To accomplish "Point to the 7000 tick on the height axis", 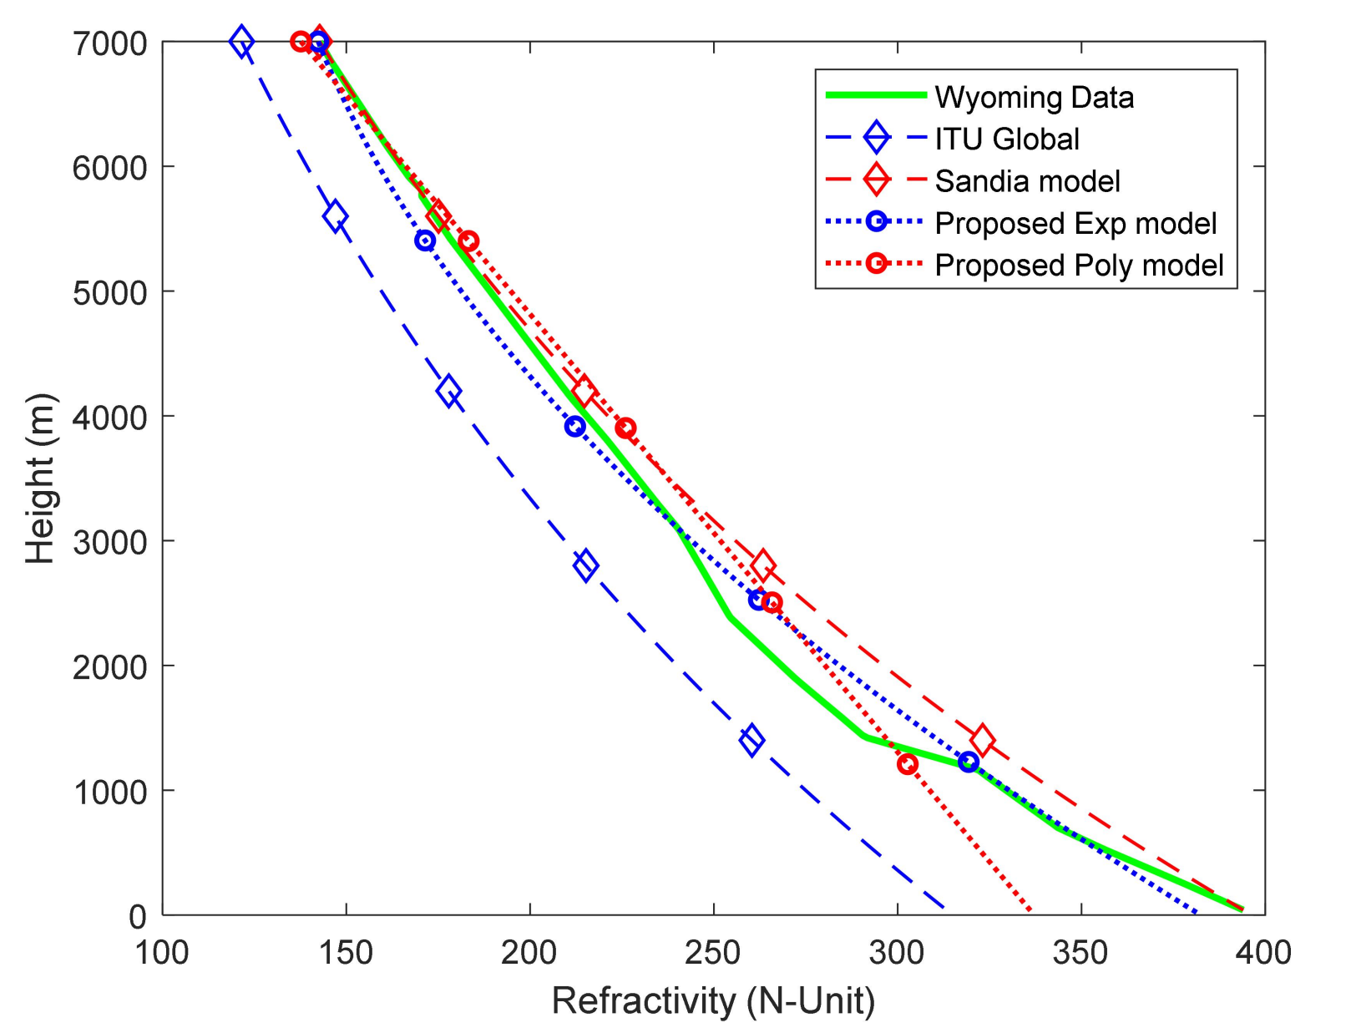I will (110, 43).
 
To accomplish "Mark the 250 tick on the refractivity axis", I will (713, 952).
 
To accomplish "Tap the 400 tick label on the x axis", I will (1264, 952).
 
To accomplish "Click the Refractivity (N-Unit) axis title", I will (713, 1000).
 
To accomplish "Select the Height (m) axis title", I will (40, 478).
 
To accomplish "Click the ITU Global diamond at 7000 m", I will (241, 41).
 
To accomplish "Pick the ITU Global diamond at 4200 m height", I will (449, 391).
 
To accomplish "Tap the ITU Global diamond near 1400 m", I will (751, 741).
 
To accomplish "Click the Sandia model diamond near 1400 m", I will (982, 740).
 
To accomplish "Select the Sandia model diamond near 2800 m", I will (762, 565).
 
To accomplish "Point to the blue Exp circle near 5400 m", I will (425, 241).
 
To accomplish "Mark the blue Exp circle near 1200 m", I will (969, 762).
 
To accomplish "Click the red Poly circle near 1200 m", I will (908, 763).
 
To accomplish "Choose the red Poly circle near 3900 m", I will (625, 428).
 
